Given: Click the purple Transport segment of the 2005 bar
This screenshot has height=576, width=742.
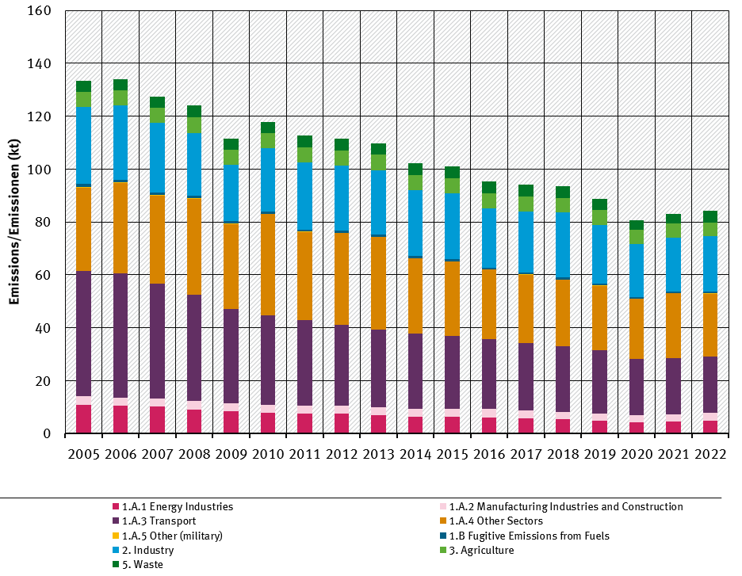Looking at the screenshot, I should [x=83, y=334].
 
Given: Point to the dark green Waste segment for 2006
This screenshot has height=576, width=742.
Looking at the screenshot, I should [x=120, y=85].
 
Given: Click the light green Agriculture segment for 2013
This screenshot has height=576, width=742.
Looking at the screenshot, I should [x=378, y=162].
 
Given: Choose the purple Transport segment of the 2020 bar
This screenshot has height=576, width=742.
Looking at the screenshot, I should [x=636, y=387].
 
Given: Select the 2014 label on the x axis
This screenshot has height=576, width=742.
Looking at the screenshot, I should [x=415, y=454].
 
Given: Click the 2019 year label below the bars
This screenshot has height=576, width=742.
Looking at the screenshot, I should [x=599, y=454].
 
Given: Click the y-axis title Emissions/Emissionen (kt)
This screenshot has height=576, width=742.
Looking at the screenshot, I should [x=15, y=222].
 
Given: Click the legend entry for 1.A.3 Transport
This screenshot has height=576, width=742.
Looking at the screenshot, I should [x=159, y=521].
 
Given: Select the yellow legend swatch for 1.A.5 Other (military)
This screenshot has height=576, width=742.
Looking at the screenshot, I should [x=116, y=536].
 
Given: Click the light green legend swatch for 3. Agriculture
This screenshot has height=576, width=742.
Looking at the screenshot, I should [x=443, y=551].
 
